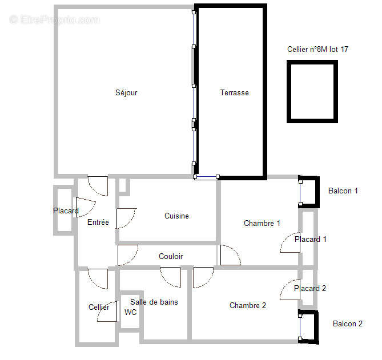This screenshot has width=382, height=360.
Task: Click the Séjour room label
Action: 126,93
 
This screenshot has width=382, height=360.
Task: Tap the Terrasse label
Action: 234,93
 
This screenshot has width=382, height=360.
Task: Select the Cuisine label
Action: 176,216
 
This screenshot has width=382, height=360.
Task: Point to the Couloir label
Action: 171,257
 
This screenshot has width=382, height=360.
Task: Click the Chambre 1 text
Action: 262,224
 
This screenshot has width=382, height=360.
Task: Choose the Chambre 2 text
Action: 248,306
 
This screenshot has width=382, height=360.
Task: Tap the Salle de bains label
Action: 154,302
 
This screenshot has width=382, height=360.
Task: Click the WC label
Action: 131,313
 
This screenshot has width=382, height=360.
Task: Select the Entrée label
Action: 98,223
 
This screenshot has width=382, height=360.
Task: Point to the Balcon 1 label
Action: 343,191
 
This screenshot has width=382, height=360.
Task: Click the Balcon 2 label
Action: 348,324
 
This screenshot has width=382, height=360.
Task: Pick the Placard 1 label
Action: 311,240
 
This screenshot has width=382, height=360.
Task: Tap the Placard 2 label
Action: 310,289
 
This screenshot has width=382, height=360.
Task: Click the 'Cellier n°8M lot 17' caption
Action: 317,50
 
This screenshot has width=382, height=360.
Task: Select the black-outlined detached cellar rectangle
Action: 312,91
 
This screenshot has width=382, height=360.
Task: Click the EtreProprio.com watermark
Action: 55,20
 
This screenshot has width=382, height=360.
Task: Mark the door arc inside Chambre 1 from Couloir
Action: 230,256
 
